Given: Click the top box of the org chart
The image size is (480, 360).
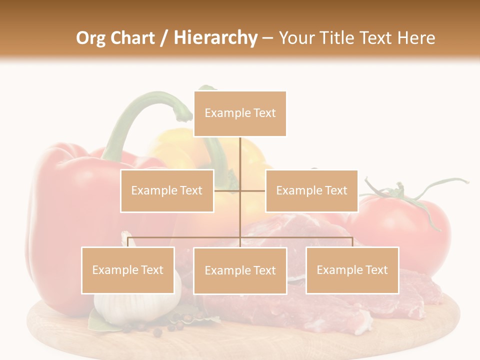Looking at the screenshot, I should point(240,113).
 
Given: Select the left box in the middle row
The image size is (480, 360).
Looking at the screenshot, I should point(167,190).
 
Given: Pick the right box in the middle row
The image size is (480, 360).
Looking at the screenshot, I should point(311,190).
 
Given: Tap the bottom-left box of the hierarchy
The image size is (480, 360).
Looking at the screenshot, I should point(128,270).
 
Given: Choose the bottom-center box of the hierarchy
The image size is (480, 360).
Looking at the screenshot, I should point(240,270).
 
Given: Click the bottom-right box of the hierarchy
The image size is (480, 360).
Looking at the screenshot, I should point(352,270).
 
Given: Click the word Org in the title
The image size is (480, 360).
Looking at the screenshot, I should point(90,38).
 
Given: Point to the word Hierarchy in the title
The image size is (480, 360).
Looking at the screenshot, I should point(215,38).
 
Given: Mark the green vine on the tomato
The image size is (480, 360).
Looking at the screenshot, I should point(400,192).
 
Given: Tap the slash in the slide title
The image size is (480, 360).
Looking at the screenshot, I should point(164,38).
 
